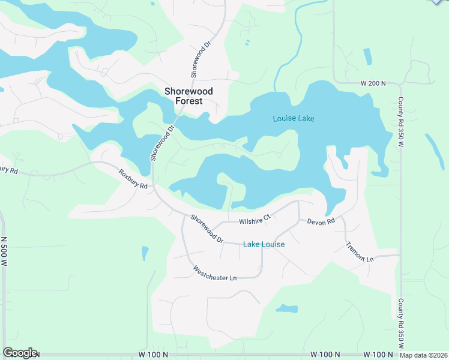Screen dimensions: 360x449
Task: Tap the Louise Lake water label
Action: coord(294,119)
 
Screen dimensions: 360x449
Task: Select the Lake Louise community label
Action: coord(264,245)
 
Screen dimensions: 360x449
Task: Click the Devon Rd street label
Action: coord(321,221)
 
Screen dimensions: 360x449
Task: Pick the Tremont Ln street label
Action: coord(360,251)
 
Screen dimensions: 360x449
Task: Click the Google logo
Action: coord(20,353)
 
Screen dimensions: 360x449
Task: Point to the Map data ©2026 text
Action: coord(424,355)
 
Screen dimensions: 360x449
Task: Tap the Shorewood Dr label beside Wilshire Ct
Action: coord(206,229)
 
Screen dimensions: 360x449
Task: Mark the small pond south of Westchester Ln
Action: coord(286,309)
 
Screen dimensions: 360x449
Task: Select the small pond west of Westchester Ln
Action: coord(145,253)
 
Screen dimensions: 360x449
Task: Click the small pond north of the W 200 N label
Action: coord(367,56)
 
